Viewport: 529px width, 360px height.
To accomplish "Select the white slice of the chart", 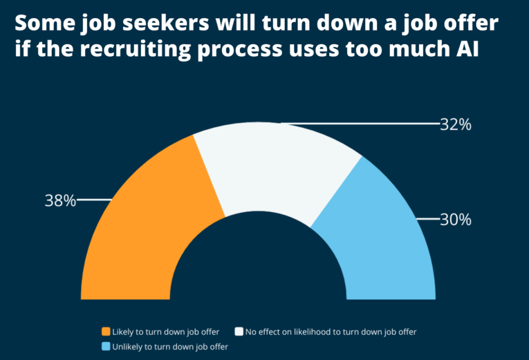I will tap(274, 165).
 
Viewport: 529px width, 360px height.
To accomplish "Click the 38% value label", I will tap(60, 201).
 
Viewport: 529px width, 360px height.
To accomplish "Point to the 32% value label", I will tap(455, 125).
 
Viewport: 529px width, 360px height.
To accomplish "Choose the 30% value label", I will tap(455, 220).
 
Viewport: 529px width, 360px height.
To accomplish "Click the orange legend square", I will tap(106, 332).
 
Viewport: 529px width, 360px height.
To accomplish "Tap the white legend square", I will tap(239, 332).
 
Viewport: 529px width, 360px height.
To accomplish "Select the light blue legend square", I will tap(106, 347).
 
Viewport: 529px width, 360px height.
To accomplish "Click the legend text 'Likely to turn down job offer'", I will tap(166, 332).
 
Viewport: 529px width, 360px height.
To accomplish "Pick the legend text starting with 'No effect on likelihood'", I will tap(331, 332).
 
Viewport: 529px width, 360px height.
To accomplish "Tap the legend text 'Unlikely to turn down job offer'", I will tap(170, 347).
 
